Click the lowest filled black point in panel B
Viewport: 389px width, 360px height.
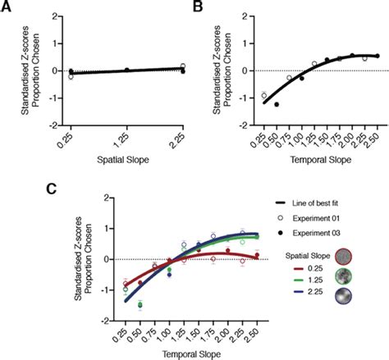pyautogui.click(x=277, y=105)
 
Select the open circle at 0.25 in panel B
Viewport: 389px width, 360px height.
pyautogui.click(x=264, y=96)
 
